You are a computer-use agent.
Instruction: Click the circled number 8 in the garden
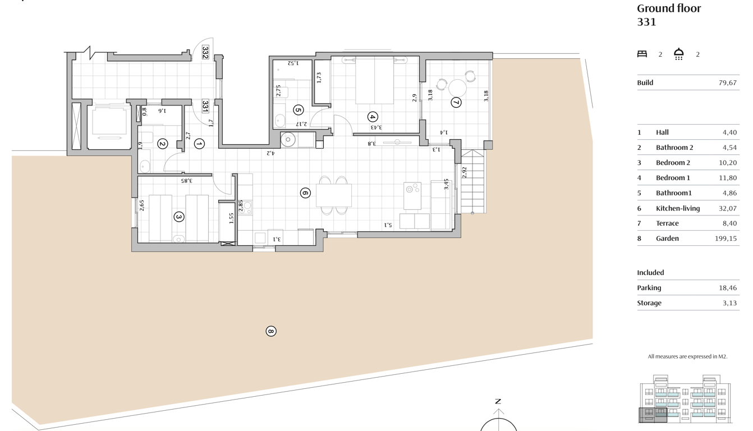coord(271,331)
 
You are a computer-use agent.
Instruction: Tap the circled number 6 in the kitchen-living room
coord(305,193)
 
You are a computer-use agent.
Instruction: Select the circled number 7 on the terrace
coord(456,102)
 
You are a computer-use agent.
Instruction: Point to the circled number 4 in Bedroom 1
coord(373,117)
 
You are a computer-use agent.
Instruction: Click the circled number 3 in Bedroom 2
coord(179,217)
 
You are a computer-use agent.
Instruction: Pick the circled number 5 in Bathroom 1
coord(298,110)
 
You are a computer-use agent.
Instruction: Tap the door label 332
coord(205,52)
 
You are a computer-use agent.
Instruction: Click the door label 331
coord(205,106)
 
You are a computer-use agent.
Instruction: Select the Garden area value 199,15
coord(726,239)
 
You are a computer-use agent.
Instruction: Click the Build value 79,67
coord(727,82)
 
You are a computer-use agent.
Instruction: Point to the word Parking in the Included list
coord(649,288)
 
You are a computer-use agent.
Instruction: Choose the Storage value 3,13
coord(729,303)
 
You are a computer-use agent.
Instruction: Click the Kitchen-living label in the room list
coord(678,208)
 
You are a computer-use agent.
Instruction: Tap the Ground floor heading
coord(669,8)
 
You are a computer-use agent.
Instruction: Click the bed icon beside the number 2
coord(642,54)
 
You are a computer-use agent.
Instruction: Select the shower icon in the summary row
coord(679,54)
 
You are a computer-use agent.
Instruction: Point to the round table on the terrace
coord(457,88)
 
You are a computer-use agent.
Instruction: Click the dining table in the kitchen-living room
coord(334,195)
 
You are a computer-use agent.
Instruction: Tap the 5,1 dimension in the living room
coord(388,224)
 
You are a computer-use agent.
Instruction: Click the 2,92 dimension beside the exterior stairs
coord(465,172)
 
